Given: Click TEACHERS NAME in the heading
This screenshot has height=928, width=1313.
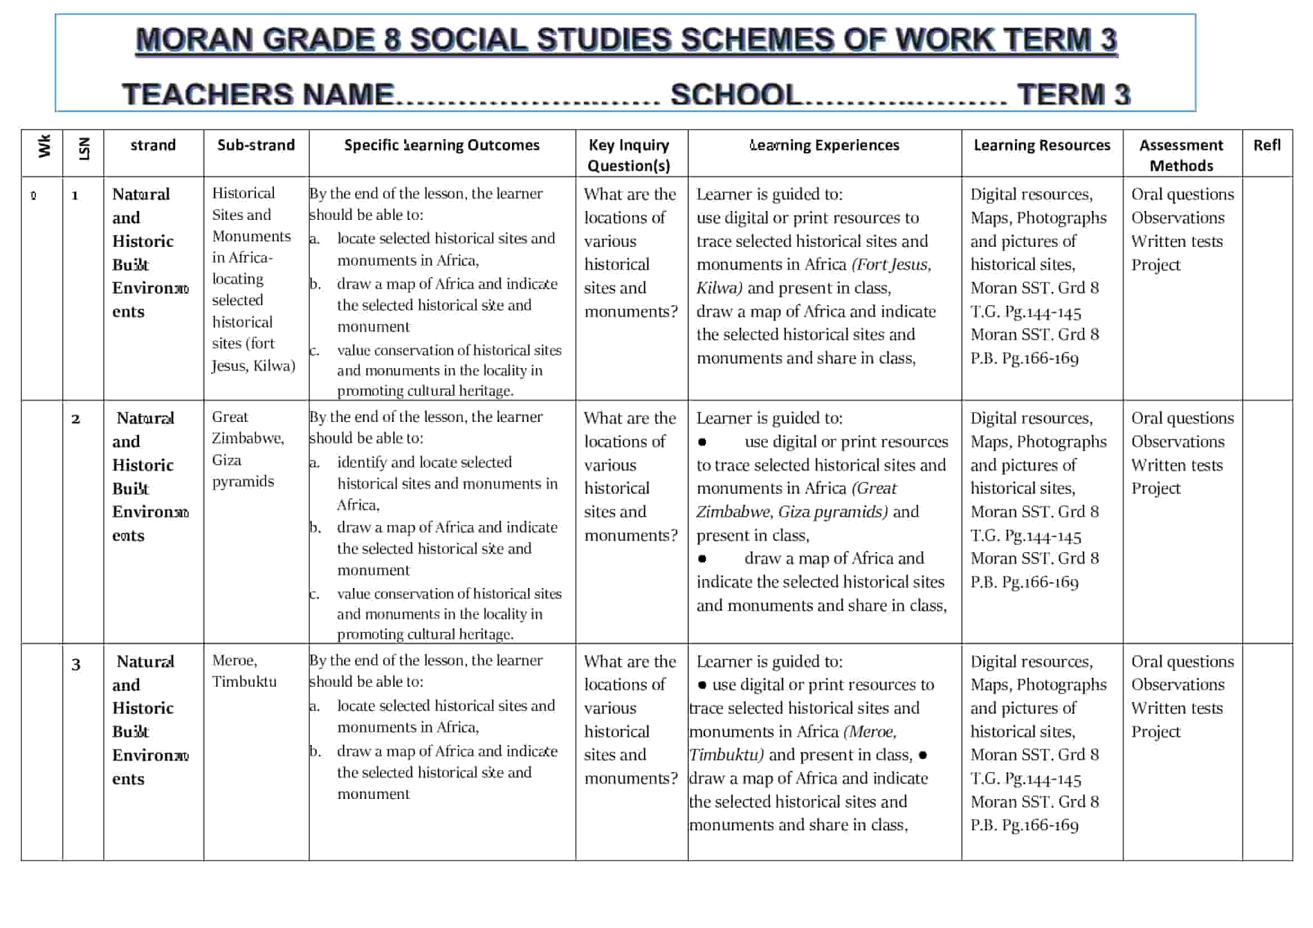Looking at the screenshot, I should [x=258, y=95].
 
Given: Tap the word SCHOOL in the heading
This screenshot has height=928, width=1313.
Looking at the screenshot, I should [x=736, y=95].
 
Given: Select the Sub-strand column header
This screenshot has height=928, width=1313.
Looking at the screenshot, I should [x=255, y=145].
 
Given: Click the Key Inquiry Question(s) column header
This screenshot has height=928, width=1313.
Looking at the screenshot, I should [x=629, y=155].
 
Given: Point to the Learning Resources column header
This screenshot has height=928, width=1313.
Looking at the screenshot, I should [x=1041, y=145].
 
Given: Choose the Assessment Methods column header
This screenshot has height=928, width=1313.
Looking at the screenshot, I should [x=1181, y=155].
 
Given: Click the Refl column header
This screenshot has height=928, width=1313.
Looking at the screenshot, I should [x=1266, y=145].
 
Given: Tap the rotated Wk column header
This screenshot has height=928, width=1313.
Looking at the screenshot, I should [x=44, y=146].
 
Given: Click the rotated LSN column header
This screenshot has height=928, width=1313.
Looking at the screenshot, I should [x=84, y=149].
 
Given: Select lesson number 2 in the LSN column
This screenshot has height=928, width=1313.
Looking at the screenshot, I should [x=75, y=420].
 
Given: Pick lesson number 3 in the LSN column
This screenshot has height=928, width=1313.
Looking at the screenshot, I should [x=75, y=664].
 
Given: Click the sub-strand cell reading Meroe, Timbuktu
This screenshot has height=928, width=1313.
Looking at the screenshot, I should [x=244, y=671].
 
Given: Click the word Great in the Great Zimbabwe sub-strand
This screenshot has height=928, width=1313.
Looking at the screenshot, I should [x=230, y=417].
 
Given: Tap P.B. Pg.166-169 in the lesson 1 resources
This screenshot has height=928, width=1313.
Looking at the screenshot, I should [x=1024, y=359].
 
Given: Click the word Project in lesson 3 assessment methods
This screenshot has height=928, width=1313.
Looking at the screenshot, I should [x=1155, y=732].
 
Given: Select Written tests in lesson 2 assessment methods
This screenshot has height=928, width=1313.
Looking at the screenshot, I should [x=1177, y=466].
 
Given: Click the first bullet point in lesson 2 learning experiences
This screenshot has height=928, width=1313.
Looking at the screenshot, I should [x=702, y=442].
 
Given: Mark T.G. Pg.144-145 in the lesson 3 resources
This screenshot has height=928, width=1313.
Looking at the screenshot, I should [x=1026, y=779].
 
